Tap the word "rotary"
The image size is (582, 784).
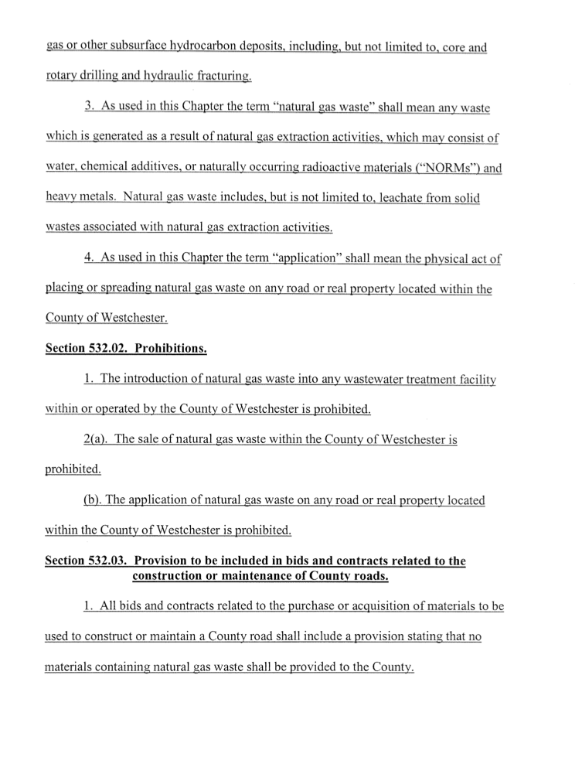[62, 78]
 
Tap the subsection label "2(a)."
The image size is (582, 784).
[95, 439]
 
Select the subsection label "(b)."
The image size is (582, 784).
[94, 500]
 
